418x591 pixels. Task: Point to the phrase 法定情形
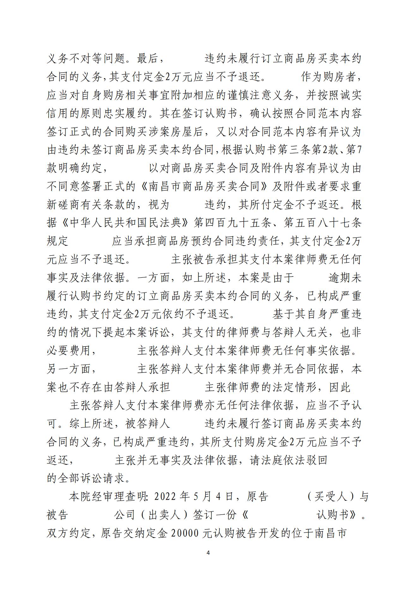(282, 387)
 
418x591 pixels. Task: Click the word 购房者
(335, 77)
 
